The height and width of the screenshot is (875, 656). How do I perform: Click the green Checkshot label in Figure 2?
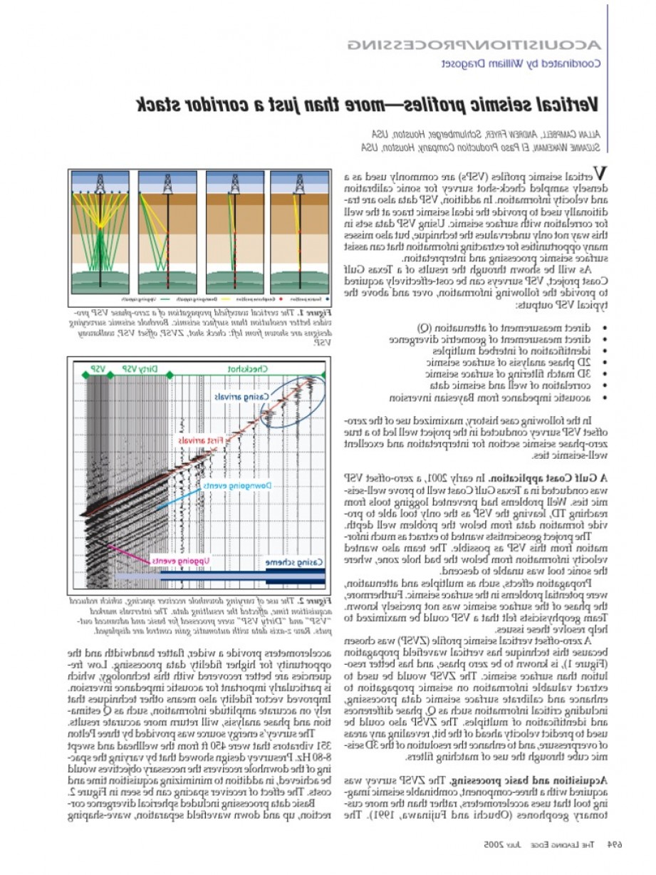(247, 369)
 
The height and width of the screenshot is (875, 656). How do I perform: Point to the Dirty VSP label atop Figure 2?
(140, 369)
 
